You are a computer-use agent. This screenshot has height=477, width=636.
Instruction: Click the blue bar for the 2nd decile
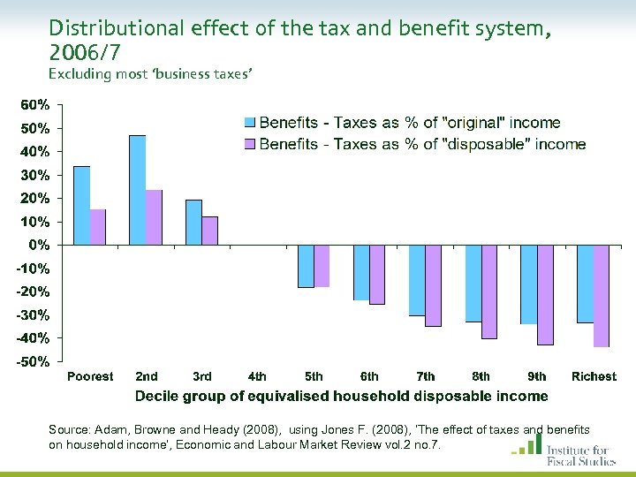(137, 190)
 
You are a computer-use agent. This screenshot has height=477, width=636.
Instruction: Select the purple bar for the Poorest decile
(98, 227)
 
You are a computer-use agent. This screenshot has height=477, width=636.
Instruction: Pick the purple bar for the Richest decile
(602, 296)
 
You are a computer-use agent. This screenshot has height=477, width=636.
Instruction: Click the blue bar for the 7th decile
(417, 280)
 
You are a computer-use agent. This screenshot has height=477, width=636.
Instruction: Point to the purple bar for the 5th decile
(322, 266)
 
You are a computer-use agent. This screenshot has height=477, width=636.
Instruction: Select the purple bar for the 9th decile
(545, 295)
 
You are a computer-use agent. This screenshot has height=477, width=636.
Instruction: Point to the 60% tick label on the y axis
(35, 104)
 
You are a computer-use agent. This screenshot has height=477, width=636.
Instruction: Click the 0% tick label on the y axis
(40, 245)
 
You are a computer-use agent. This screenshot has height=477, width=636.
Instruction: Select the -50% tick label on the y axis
(34, 361)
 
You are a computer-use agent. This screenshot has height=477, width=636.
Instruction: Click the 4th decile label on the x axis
(257, 376)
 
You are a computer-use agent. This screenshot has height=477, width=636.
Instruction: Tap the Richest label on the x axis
(594, 376)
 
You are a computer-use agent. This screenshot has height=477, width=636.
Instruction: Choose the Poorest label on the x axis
(90, 376)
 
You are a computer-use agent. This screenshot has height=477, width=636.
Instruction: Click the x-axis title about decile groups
(341, 397)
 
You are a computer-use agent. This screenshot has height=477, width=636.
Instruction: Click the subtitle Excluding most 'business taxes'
(151, 74)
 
